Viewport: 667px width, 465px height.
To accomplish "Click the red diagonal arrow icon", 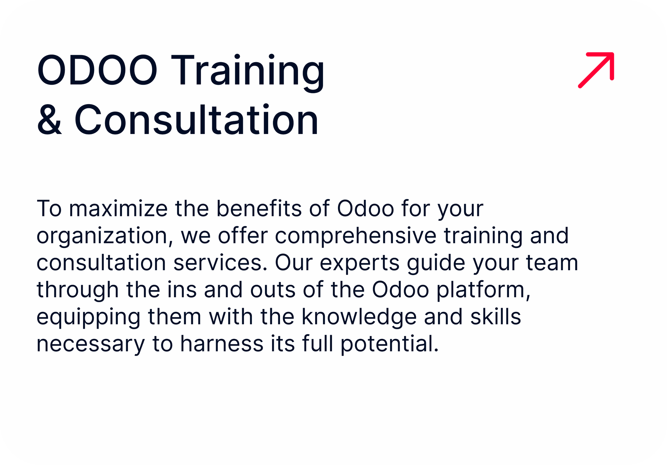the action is [x=596, y=70].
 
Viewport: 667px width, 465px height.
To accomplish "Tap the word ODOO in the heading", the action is [x=97, y=70].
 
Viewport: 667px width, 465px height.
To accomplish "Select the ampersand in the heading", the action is [x=49, y=119].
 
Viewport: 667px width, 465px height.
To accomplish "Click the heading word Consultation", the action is [x=196, y=119].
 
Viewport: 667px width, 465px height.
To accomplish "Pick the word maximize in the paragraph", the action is [x=118, y=209].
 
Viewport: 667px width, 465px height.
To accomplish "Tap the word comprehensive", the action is [x=356, y=236].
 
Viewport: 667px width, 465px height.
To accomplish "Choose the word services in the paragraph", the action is [x=220, y=263].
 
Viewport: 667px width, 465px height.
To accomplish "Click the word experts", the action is [x=360, y=264].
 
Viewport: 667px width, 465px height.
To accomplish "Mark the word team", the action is [x=552, y=263].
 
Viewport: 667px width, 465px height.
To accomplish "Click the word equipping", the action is [x=89, y=317].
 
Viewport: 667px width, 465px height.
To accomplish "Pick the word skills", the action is [x=496, y=317].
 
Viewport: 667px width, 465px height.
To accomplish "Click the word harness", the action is [x=222, y=344].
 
